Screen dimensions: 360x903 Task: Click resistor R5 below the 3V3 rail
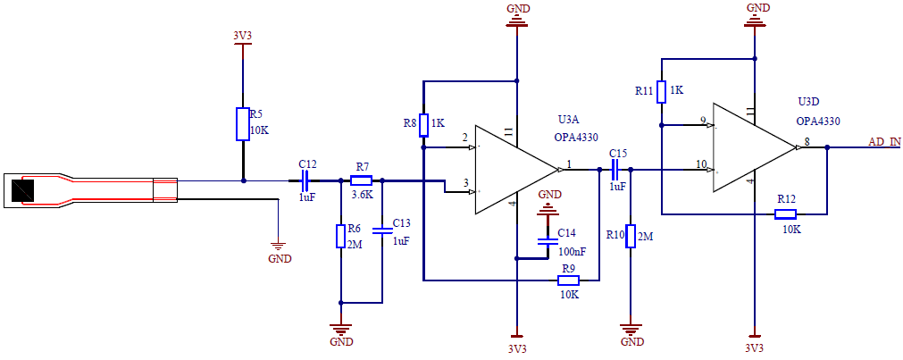242,124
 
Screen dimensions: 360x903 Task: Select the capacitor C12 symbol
305,180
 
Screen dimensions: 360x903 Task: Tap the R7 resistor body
362,180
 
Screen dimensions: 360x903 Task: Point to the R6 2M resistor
340,237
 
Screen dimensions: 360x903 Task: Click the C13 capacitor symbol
382,230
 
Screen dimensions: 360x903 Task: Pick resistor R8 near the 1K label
423,124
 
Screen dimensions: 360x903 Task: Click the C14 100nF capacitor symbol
546,241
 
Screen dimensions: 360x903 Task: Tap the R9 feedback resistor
568,280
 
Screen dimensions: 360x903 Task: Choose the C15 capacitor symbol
617,169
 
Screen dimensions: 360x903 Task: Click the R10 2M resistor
631,236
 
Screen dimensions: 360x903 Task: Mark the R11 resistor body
661,91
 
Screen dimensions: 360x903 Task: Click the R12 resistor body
786,213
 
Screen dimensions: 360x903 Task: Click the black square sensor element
21,190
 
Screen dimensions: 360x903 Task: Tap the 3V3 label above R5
242,37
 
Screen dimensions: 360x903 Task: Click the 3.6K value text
362,195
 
